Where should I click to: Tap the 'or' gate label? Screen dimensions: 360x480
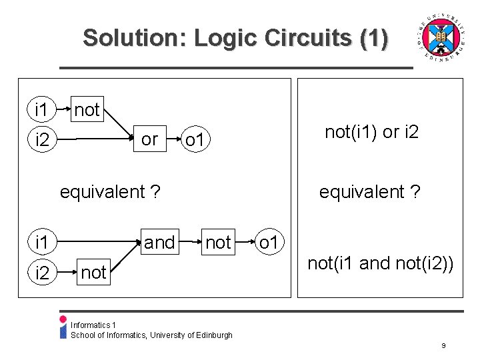tap(150, 139)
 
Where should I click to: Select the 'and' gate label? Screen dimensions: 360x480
tap(159, 242)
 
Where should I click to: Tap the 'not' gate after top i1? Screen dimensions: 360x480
tap(87, 109)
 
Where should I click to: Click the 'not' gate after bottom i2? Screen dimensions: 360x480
tap(93, 272)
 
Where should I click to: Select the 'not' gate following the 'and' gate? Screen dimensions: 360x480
tap(219, 242)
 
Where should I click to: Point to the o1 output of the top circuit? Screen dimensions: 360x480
tap(197, 140)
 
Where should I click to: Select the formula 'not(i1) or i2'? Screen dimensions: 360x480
tap(372, 132)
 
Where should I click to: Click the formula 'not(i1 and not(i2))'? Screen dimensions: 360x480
tap(381, 263)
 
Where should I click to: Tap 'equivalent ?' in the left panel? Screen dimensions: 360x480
tap(110, 193)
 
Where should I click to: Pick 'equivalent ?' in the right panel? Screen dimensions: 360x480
tap(369, 193)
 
